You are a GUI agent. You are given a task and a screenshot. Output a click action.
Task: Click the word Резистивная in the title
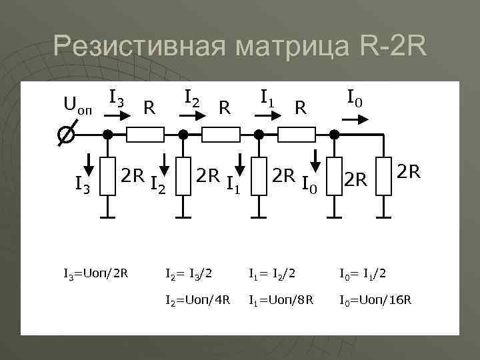point(137,47)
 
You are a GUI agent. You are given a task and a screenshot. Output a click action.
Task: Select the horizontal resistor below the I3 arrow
point(145,135)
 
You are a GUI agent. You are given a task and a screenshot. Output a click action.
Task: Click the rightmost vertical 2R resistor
point(383,176)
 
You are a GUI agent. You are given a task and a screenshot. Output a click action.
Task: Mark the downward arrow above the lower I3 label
point(89,162)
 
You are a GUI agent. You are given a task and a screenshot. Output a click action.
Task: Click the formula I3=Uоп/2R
point(95,273)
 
